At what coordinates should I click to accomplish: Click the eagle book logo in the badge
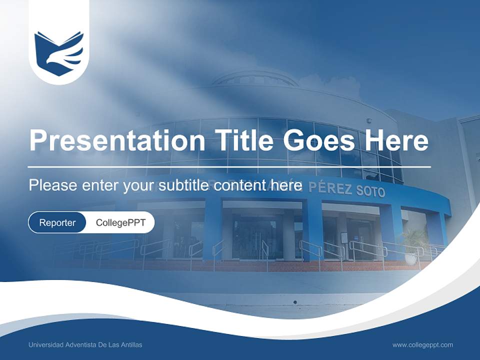coord(59,53)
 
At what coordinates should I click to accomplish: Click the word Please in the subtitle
coord(52,185)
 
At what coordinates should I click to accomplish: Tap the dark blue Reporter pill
coord(57,222)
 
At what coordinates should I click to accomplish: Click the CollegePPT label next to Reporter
coord(120,222)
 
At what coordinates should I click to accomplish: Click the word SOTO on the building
coord(370,191)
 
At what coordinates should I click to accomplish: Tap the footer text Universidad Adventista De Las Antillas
coord(85,345)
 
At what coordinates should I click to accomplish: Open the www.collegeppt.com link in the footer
coord(422,345)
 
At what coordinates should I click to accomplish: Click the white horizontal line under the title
coord(229,166)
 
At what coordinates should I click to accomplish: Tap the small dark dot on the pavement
coord(294,302)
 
